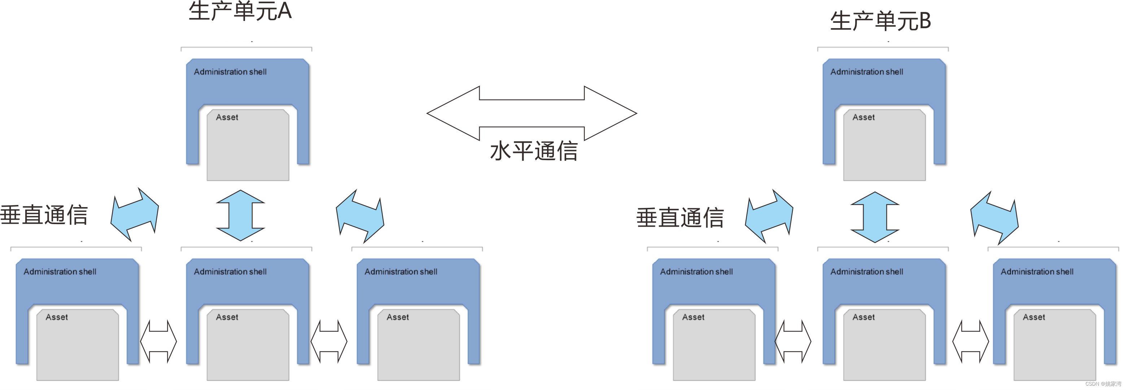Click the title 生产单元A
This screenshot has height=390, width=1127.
click(x=240, y=12)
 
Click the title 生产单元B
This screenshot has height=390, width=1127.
click(x=880, y=21)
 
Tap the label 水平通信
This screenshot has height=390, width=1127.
click(x=534, y=151)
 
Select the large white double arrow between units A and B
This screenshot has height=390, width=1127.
click(x=532, y=113)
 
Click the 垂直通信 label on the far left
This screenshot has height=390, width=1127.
click(x=44, y=215)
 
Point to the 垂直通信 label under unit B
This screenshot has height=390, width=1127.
click(x=680, y=218)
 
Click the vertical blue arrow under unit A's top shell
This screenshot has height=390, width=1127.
click(x=240, y=215)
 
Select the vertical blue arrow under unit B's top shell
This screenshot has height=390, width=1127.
click(x=874, y=217)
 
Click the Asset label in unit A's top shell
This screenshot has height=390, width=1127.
click(x=227, y=117)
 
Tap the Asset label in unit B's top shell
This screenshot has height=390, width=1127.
click(x=864, y=117)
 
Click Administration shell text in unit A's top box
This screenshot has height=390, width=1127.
click(x=230, y=72)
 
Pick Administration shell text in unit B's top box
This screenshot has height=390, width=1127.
click(x=867, y=72)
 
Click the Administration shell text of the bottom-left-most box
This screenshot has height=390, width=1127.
click(x=60, y=272)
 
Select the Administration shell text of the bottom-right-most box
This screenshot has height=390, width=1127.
click(x=1037, y=272)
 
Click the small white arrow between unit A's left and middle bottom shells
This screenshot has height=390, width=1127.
click(x=158, y=341)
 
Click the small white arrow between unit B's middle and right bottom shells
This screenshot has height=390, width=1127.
click(x=970, y=341)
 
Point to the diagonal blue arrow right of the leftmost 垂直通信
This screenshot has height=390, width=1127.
click(x=134, y=214)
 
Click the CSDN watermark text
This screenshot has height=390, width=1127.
click(x=1103, y=384)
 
